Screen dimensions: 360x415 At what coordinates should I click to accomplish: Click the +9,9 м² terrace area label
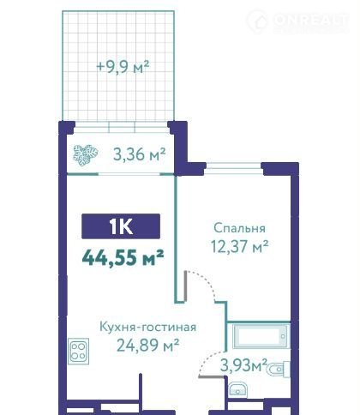[123, 67]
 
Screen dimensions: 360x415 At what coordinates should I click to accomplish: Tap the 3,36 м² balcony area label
[139, 154]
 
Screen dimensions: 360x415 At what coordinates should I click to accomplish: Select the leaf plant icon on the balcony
[86, 155]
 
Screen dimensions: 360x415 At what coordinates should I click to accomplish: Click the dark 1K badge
[121, 226]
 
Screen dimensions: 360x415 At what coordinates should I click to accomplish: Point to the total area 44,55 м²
[123, 257]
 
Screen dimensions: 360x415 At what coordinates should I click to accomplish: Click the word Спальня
[239, 228]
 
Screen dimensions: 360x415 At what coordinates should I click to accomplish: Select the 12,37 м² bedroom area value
[239, 246]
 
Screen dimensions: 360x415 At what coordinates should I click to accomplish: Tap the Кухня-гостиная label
[147, 327]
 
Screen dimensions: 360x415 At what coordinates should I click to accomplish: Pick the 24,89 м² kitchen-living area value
[147, 345]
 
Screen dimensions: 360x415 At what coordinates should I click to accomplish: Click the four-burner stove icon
[79, 352]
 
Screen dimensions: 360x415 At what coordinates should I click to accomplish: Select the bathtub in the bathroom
[261, 336]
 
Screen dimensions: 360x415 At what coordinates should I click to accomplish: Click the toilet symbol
[278, 370]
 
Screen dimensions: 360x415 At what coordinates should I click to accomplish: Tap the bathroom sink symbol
[237, 389]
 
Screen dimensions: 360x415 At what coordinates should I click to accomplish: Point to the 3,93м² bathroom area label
[243, 365]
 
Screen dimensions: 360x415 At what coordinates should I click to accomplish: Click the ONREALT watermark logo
[297, 21]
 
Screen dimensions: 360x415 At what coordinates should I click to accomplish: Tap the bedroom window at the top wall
[234, 166]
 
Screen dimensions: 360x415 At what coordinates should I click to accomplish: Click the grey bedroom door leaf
[185, 286]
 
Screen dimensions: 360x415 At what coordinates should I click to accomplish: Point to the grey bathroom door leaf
[212, 377]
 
